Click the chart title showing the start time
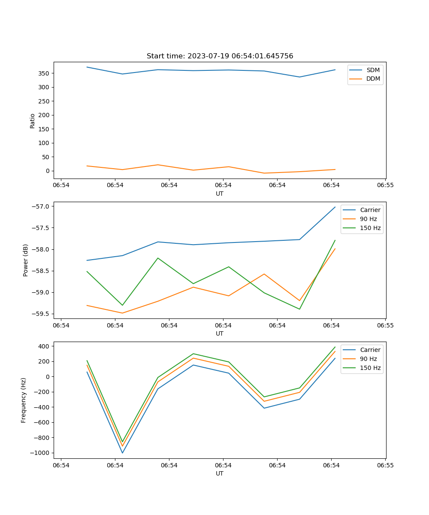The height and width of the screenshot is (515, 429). [220, 56]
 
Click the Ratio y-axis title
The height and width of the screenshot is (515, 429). [33, 121]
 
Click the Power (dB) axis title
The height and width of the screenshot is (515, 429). [26, 260]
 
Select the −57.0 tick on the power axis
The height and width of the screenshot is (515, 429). [42, 206]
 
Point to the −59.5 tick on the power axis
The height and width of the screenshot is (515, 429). [42, 314]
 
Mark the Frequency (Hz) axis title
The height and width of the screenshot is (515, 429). [24, 400]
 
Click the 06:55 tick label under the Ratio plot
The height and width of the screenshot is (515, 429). [385, 185]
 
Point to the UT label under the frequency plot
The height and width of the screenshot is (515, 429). [220, 473]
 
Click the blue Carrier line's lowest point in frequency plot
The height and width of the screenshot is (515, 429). [122, 453]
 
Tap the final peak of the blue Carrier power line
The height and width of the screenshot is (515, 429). [335, 207]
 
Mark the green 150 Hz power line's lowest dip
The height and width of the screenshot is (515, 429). [299, 309]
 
